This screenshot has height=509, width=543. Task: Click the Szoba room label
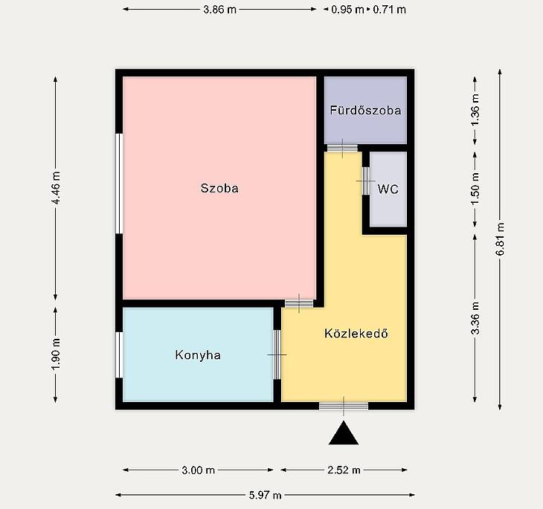[219, 188]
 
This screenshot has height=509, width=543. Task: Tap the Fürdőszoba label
[365, 110]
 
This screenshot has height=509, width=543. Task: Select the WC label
[388, 189]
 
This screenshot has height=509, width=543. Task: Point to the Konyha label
[198, 355]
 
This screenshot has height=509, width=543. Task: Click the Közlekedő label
[356, 333]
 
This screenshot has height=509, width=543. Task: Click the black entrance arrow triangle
[344, 433]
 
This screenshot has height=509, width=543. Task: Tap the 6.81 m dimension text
[500, 239]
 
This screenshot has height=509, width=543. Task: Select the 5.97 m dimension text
[266, 495]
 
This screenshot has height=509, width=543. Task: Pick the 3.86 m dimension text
[219, 10]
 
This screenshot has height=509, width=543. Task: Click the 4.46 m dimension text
[56, 187]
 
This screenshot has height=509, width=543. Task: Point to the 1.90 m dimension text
[56, 353]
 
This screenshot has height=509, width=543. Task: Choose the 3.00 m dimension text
[198, 470]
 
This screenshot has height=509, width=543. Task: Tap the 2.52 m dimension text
[344, 470]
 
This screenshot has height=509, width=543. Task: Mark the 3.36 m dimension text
[475, 318]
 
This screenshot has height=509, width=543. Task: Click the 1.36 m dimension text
[475, 110]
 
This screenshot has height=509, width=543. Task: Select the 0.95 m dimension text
[347, 10]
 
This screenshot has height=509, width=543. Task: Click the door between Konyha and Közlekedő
[277, 354]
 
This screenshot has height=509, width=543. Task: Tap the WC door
[366, 181]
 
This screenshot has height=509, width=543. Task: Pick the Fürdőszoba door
[342, 149]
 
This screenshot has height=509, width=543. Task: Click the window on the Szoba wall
[119, 184]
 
